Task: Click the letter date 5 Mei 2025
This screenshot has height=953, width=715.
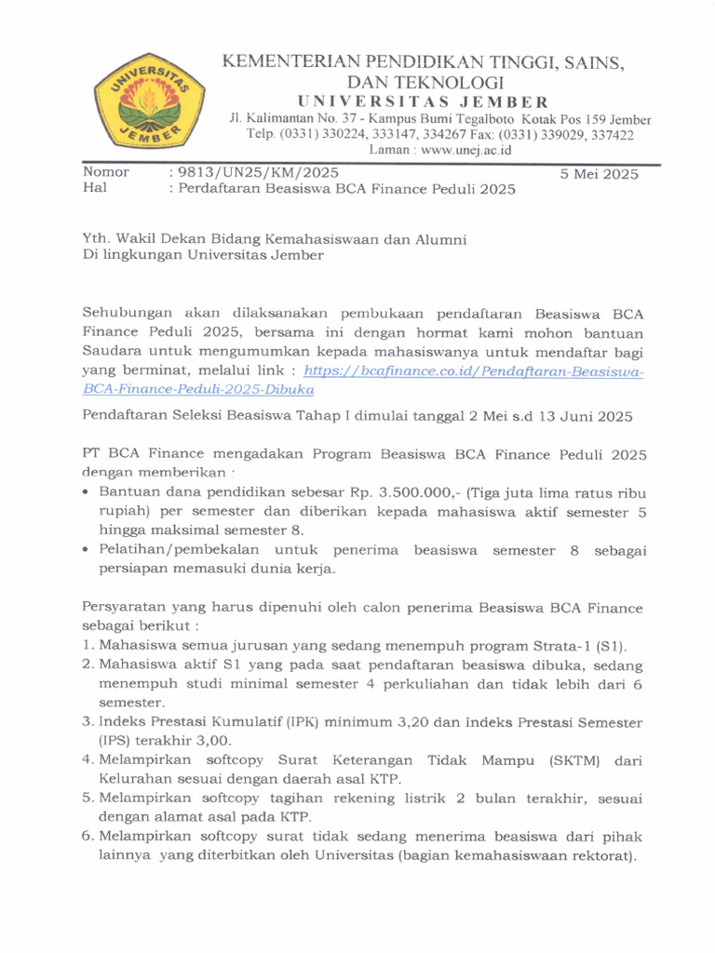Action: coord(600,174)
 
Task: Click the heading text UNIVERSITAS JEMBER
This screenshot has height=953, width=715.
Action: coord(423,101)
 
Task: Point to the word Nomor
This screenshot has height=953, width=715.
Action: coord(106,172)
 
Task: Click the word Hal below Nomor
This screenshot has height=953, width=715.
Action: coord(95,188)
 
